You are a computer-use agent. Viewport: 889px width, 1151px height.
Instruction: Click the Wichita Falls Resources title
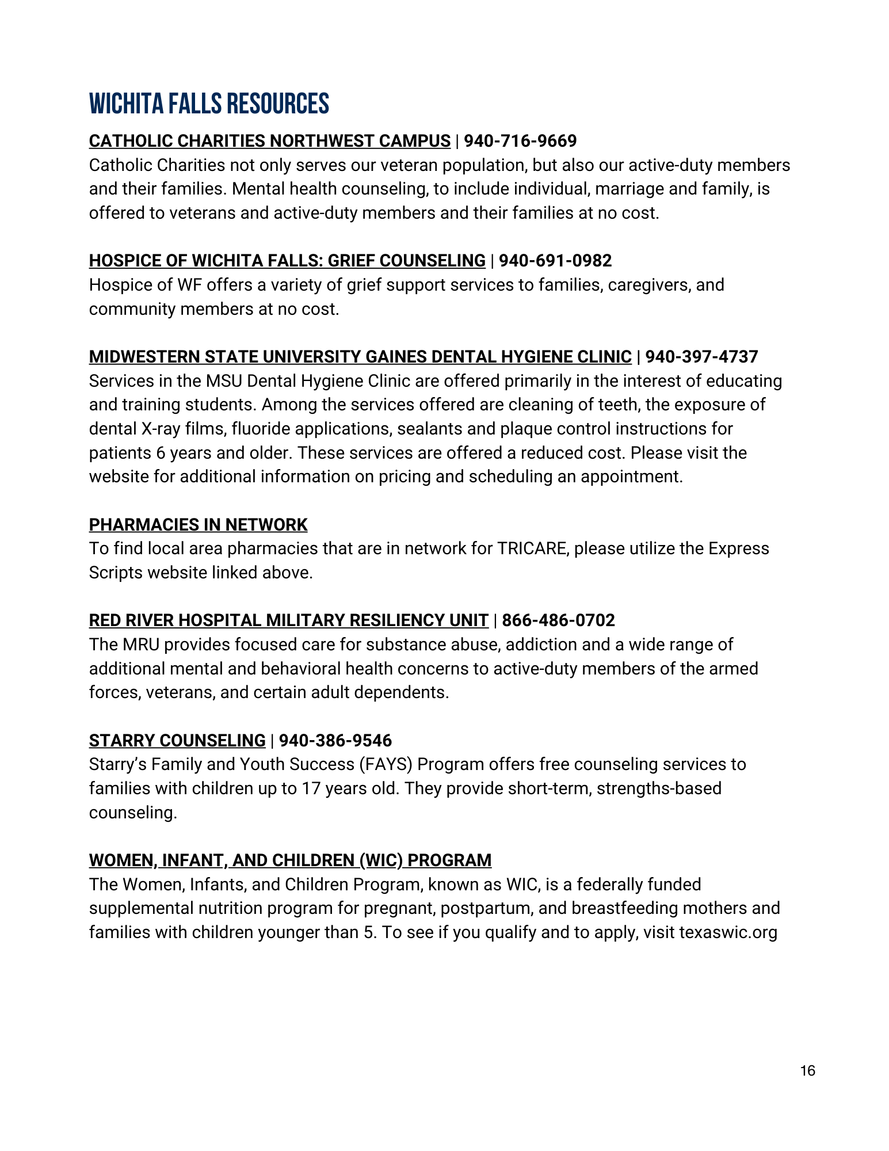(x=209, y=104)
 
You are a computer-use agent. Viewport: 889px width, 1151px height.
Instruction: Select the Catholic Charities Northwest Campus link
(x=269, y=141)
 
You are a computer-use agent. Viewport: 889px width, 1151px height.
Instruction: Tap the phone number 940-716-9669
(x=520, y=141)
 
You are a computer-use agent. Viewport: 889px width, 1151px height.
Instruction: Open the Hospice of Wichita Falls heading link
(x=287, y=261)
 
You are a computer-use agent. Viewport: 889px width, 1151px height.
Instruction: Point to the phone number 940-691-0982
(x=555, y=261)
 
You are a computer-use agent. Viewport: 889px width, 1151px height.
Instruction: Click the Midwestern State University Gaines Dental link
(x=360, y=357)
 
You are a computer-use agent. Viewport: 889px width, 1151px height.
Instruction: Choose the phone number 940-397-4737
(x=701, y=357)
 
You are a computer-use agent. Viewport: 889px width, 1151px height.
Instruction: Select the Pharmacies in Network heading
(x=198, y=525)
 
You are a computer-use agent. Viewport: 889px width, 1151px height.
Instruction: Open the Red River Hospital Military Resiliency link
(x=288, y=620)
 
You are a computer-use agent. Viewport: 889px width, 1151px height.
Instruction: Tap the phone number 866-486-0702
(x=558, y=620)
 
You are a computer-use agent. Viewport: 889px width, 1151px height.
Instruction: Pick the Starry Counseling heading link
(x=177, y=741)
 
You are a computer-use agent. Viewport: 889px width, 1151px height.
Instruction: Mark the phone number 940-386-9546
(x=335, y=741)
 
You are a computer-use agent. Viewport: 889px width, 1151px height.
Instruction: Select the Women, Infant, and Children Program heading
(x=290, y=860)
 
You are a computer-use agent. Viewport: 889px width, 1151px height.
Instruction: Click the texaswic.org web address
(x=728, y=932)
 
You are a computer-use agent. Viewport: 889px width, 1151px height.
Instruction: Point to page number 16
(x=807, y=1071)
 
